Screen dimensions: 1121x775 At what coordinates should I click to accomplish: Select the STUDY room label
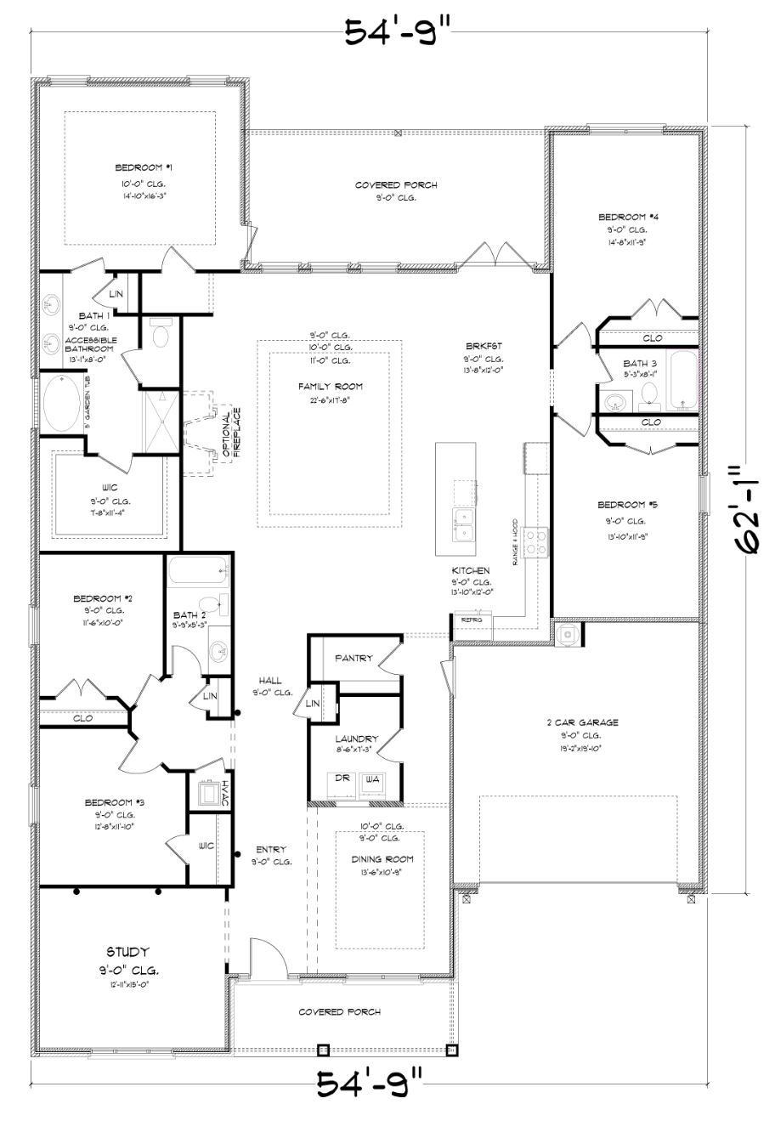[127, 951]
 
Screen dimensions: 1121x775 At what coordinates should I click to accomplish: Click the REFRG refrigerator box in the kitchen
[472, 620]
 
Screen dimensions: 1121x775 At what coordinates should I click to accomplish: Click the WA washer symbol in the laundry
[371, 779]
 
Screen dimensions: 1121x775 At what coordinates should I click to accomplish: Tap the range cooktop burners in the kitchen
[537, 541]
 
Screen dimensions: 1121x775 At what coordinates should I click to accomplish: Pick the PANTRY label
[354, 657]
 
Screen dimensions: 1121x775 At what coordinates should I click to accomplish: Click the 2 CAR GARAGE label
[582, 722]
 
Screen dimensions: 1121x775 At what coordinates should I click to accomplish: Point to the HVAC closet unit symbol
[206, 794]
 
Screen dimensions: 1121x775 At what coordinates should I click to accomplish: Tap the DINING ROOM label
[382, 859]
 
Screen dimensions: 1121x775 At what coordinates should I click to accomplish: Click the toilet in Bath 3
[649, 393]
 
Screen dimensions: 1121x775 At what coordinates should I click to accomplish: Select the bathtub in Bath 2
[197, 570]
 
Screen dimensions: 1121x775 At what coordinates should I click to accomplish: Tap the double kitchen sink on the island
[464, 524]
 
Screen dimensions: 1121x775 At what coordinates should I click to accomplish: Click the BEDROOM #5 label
[627, 504]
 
